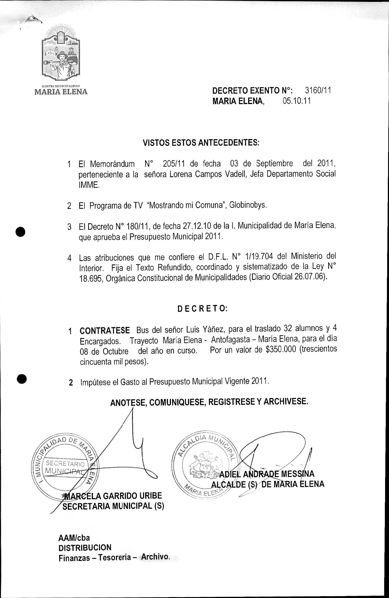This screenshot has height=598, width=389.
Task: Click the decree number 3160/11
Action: point(318,90)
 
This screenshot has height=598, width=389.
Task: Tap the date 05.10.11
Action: point(296,101)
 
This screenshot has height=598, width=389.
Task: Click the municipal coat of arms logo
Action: point(61,54)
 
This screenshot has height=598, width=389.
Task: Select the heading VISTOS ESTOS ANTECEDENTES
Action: point(201,143)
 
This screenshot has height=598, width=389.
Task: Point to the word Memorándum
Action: point(112,164)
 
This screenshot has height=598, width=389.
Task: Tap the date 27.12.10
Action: point(197,226)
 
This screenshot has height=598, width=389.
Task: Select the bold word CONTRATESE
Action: point(105,330)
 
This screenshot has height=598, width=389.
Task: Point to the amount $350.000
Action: point(281,350)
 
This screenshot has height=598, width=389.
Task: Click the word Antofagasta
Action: point(230,340)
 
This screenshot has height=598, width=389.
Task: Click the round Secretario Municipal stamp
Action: point(65,469)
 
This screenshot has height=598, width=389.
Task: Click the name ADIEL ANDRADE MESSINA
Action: point(267,474)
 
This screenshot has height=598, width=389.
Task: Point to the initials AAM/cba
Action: point(74,538)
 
